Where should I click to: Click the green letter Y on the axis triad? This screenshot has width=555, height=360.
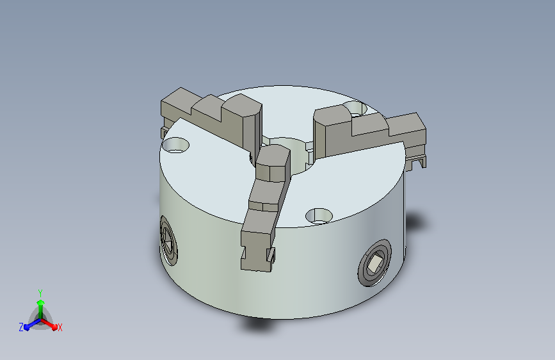40,293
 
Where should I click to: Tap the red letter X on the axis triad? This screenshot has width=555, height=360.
60,328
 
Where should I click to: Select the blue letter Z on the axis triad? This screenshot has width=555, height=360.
21,327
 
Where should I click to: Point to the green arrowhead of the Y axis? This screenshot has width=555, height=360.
41,303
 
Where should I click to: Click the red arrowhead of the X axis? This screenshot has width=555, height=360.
54,326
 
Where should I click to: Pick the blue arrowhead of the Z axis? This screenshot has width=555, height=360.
27,327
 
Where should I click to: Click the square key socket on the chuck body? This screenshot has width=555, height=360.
374,263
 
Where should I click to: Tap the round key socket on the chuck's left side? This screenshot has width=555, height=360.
168,240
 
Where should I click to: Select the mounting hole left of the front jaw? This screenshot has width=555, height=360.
175,145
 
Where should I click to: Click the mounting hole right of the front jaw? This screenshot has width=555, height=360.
319,216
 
